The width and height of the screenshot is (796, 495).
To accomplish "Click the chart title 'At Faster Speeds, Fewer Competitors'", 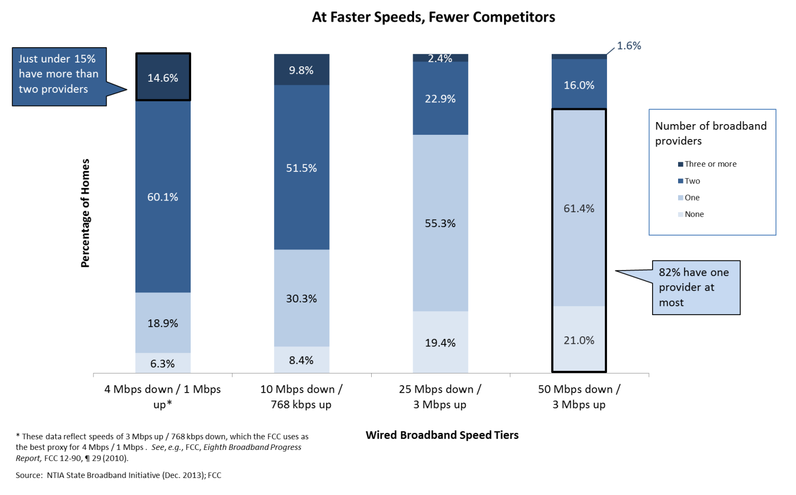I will (433, 18).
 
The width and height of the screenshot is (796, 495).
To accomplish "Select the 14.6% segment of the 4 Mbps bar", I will (162, 77).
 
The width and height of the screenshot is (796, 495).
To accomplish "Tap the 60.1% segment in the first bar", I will (162, 197).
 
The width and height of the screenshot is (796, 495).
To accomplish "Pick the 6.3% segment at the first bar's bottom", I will (162, 363).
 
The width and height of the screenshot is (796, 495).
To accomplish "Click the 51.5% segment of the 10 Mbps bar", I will (301, 168).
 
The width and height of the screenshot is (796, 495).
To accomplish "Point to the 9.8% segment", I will (301, 70).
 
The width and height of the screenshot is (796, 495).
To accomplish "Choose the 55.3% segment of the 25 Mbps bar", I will (440, 223).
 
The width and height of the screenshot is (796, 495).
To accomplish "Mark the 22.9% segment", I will (440, 99).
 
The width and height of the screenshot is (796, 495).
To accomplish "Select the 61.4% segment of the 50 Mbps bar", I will (579, 208).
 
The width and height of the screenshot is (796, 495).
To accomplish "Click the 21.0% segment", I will (579, 340).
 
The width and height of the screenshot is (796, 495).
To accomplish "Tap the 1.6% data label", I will (629, 46).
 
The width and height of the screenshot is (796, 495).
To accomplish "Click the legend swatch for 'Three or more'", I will (680, 164).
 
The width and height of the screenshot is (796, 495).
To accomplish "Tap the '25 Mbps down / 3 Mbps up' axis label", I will (440, 396).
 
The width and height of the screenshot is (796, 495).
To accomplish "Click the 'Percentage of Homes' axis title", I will (85, 213).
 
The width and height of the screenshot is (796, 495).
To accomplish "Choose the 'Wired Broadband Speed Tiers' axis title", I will (442, 435).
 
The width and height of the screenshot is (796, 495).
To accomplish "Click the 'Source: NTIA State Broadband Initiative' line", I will (118, 475).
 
